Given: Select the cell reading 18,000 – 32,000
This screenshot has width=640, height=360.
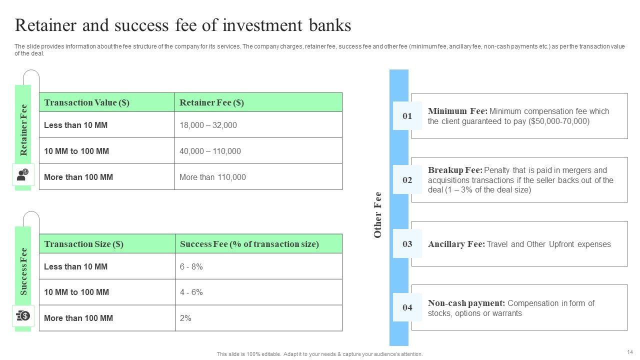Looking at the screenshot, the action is pyautogui.click(x=258, y=125).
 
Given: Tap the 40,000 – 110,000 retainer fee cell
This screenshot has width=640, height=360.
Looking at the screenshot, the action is pyautogui.click(x=258, y=151).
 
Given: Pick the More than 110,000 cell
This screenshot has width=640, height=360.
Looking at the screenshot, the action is pyautogui.click(x=258, y=177).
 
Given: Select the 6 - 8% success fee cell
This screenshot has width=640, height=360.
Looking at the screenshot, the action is pyautogui.click(x=258, y=266).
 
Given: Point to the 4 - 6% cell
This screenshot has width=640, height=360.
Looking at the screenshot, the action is pyautogui.click(x=258, y=292).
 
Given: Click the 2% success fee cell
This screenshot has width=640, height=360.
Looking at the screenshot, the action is pyautogui.click(x=258, y=318).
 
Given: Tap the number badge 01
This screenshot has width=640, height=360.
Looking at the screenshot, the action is pyautogui.click(x=407, y=115).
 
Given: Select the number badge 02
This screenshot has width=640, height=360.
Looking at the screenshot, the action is pyautogui.click(x=407, y=179).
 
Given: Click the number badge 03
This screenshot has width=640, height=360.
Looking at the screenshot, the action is pyautogui.click(x=407, y=243).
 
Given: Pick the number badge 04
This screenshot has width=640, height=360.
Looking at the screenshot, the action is pyautogui.click(x=407, y=307).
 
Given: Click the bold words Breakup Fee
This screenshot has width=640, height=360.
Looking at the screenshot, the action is pyautogui.click(x=455, y=170).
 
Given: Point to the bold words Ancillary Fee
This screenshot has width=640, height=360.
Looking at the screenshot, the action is pyautogui.click(x=456, y=244).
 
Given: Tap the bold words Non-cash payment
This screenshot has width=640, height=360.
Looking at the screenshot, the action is pyautogui.click(x=466, y=303).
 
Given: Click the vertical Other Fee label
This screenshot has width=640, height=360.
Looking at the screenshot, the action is pyautogui.click(x=377, y=215).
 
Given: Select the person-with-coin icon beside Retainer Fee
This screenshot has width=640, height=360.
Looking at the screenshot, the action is pyautogui.click(x=23, y=174).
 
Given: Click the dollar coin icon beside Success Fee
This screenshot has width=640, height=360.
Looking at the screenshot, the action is pyautogui.click(x=23, y=315).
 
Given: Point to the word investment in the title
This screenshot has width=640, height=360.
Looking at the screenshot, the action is pyautogui.click(x=262, y=25).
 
